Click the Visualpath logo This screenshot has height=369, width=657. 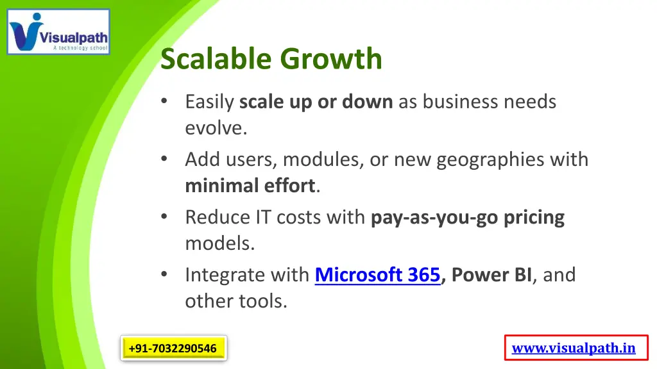click(58, 31)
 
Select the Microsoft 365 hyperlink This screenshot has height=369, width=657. click(377, 275)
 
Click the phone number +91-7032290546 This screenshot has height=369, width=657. click(173, 348)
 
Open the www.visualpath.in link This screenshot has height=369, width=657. click(574, 348)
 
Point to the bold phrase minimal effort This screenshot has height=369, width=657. click(250, 186)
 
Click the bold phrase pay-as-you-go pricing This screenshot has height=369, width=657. click(468, 217)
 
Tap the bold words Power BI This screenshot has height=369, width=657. click(491, 275)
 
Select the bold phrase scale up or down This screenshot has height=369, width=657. click(316, 102)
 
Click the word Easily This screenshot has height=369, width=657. click(210, 102)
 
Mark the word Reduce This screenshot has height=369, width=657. click(218, 217)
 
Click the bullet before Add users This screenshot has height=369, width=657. click(166, 158)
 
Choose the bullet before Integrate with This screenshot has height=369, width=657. click(166, 274)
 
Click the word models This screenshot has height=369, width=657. click(219, 243)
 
